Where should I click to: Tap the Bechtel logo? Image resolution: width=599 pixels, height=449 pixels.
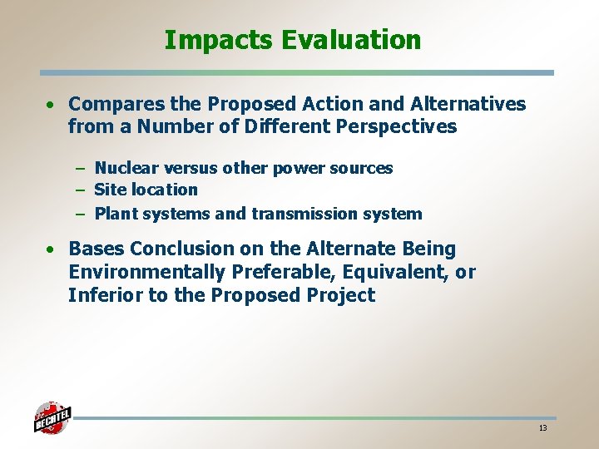tap(52, 417)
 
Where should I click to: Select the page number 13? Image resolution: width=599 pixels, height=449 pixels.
tap(542, 427)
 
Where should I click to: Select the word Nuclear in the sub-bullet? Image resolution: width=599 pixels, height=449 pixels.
tap(125, 168)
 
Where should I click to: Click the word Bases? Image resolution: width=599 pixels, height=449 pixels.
tap(94, 249)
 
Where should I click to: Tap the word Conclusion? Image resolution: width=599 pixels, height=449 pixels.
tap(173, 249)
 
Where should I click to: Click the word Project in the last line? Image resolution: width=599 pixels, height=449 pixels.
tap(344, 295)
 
